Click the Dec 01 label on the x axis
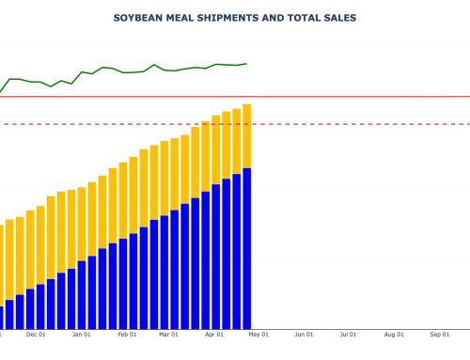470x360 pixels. click(37, 334)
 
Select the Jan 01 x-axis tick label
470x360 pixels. click(82, 334)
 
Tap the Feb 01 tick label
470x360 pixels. click(127, 334)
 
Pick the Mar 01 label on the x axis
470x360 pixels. click(168, 334)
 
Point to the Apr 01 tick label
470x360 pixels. click(213, 334)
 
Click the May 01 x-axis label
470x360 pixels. click(258, 334)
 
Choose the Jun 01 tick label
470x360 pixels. click(304, 334)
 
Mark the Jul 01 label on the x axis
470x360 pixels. click(348, 334)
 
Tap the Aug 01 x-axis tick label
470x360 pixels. click(393, 334)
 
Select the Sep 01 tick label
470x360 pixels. click(439, 334)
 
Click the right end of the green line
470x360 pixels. click(246, 64)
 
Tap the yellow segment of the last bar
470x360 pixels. click(247, 135)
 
